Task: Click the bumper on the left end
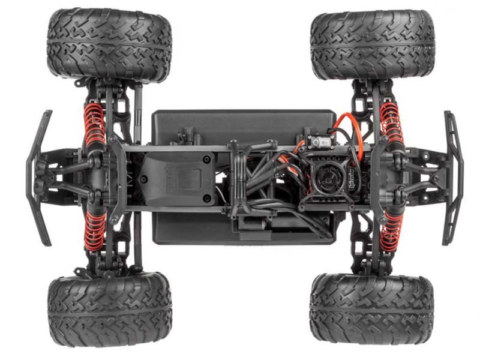(37, 177)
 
